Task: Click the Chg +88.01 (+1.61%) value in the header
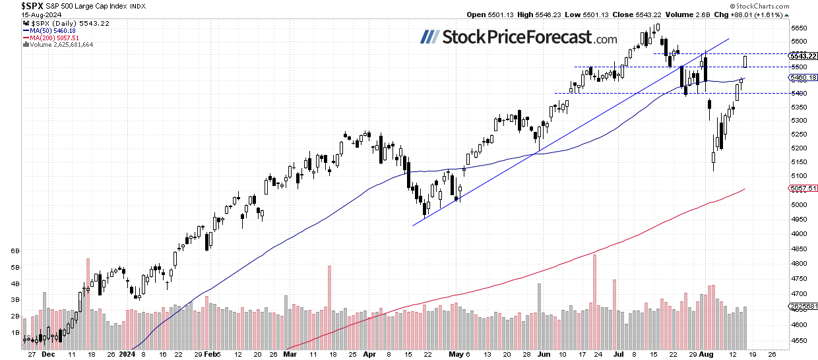[783, 15]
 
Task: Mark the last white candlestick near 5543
[745, 61]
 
